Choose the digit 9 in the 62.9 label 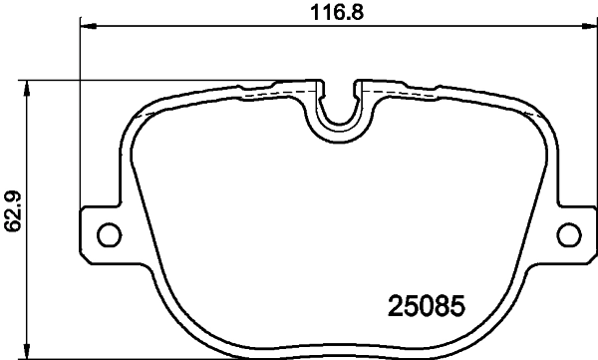13,195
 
